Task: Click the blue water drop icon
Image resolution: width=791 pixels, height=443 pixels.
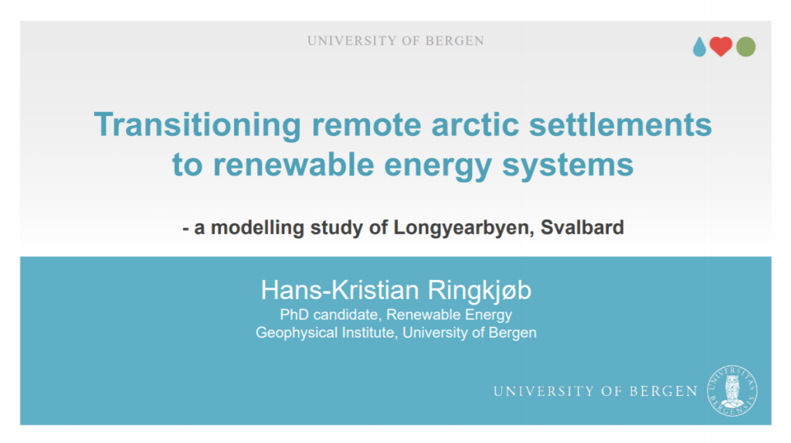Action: [x=699, y=47]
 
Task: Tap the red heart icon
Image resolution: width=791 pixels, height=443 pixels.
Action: [x=721, y=46]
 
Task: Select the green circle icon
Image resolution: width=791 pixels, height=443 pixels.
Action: [x=745, y=47]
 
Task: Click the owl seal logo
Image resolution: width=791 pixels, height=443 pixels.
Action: [x=732, y=391]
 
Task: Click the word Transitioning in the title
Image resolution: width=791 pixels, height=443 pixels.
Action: [x=197, y=124]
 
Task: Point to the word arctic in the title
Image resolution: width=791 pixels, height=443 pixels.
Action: [x=475, y=124]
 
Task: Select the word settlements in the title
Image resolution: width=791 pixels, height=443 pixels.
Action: [x=620, y=124]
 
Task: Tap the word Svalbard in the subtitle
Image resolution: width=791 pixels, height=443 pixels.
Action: [x=582, y=227]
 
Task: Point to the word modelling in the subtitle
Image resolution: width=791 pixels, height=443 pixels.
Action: [x=256, y=228]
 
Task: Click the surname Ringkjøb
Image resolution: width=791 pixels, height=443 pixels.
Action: [x=479, y=291]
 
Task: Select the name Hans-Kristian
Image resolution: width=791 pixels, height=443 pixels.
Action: [x=340, y=290]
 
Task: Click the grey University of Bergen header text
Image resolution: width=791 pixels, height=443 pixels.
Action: [x=395, y=40]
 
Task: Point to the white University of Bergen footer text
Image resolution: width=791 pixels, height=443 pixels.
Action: [x=596, y=391]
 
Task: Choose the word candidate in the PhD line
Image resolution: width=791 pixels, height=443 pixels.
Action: [x=346, y=315]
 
